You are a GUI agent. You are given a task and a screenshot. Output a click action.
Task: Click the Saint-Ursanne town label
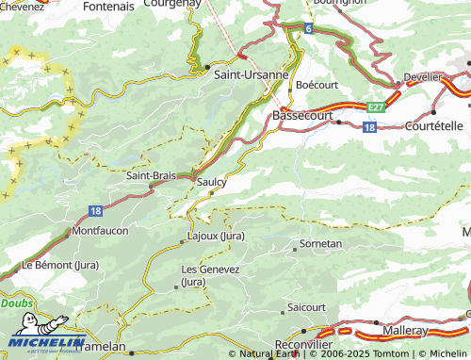(x=252, y=74)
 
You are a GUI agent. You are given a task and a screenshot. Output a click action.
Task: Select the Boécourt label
(x=316, y=85)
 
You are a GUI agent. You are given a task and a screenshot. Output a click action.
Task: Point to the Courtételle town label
(x=435, y=125)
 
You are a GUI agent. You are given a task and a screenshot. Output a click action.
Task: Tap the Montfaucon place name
(x=100, y=231)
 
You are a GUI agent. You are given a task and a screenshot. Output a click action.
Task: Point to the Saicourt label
(x=306, y=307)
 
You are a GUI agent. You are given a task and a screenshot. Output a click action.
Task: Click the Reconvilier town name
(x=304, y=346)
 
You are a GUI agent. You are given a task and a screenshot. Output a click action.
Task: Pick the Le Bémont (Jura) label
(x=60, y=265)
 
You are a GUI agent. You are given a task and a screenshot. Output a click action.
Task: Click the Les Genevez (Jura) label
(x=210, y=275)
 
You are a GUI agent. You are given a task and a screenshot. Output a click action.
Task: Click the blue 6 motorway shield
(x=308, y=29)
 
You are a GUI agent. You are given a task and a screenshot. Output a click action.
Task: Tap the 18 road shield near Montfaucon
(x=96, y=211)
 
